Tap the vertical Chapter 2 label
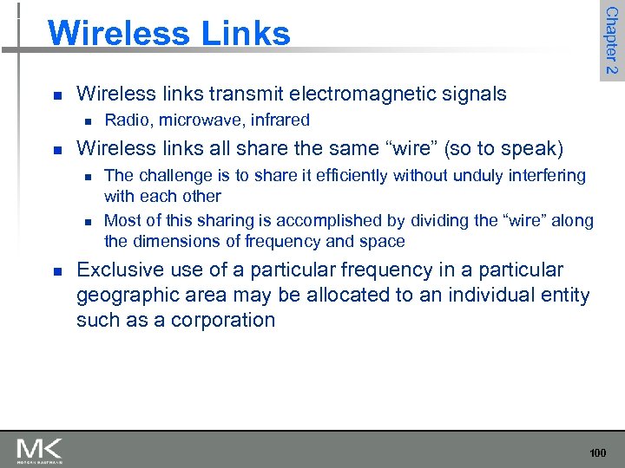point(611,41)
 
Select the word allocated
point(330,295)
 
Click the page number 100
point(598,453)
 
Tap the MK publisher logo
point(39,450)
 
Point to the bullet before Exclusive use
point(56,271)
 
